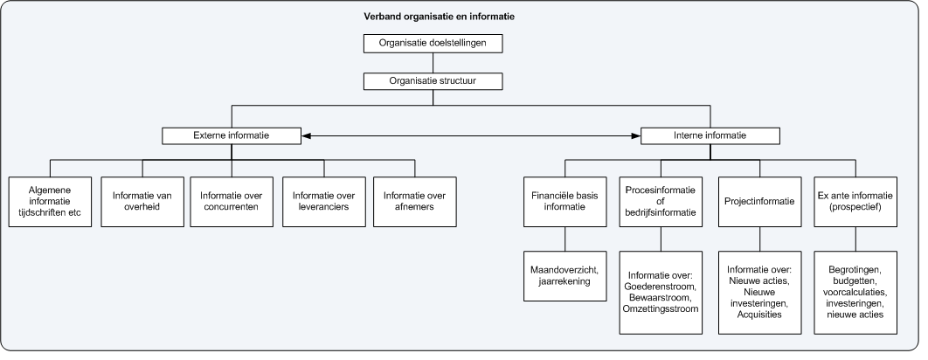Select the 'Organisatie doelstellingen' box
click(433, 43)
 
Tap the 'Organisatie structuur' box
click(433, 81)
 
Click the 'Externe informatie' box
click(231, 135)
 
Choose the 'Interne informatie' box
click(710, 135)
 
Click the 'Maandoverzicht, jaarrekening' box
click(564, 276)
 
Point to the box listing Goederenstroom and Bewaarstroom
click(661, 291)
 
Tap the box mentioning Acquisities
click(758, 291)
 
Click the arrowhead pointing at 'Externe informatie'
click(306, 135)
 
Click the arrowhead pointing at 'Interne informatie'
click(635, 135)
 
